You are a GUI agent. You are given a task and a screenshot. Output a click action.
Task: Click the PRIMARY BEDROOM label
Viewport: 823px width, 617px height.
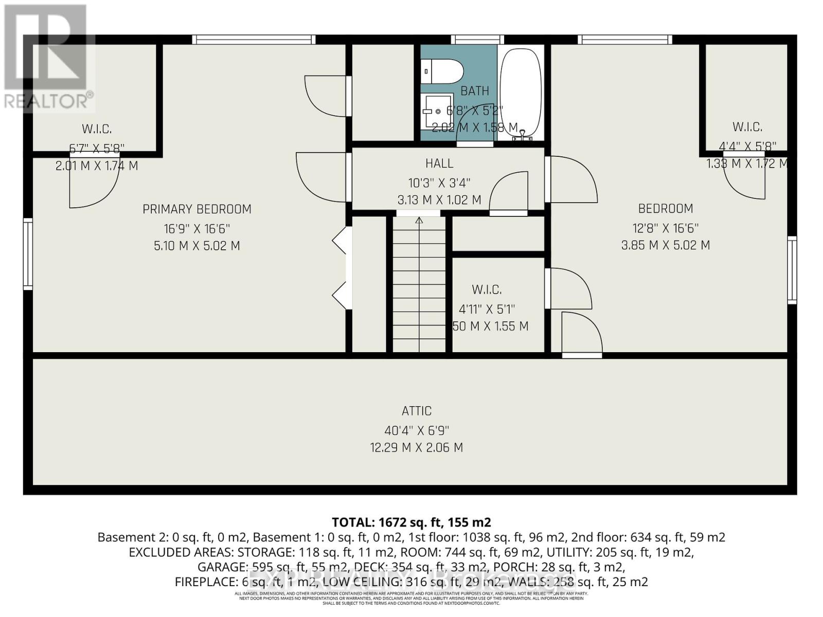(196, 209)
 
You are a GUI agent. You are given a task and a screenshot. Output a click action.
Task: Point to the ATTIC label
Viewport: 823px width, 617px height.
(416, 411)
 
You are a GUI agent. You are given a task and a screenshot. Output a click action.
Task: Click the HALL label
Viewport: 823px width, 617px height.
(439, 164)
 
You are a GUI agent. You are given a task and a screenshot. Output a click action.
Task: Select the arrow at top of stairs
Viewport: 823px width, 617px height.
(419, 221)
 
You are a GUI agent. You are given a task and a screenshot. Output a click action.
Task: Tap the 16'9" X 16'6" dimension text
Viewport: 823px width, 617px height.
(196, 228)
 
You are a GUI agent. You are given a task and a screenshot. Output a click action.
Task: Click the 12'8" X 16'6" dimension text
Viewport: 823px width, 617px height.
(665, 228)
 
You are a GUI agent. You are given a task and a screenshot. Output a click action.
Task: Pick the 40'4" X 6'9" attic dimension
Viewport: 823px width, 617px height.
(416, 430)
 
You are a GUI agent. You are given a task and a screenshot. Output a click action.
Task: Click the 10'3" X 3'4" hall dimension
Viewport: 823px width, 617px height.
(439, 183)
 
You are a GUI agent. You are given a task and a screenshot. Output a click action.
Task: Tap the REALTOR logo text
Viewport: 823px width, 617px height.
(49, 101)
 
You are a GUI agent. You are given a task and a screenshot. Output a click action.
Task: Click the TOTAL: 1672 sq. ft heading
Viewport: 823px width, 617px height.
(411, 522)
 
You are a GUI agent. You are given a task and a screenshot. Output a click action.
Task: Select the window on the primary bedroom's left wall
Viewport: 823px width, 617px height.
(28, 253)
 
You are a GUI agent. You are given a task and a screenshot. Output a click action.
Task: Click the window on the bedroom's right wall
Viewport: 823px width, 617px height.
(792, 269)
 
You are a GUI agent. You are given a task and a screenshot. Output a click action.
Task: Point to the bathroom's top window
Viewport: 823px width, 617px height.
(477, 40)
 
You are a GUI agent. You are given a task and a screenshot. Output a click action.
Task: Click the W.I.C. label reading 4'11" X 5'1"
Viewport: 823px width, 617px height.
(486, 289)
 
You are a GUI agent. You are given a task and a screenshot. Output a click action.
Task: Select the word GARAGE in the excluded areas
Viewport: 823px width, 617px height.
(221, 567)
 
